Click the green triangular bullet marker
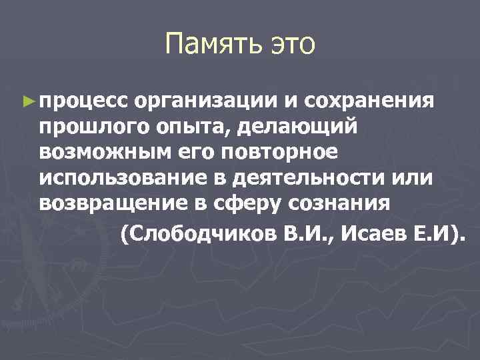pos(27,101)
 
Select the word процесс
pos(83,101)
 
